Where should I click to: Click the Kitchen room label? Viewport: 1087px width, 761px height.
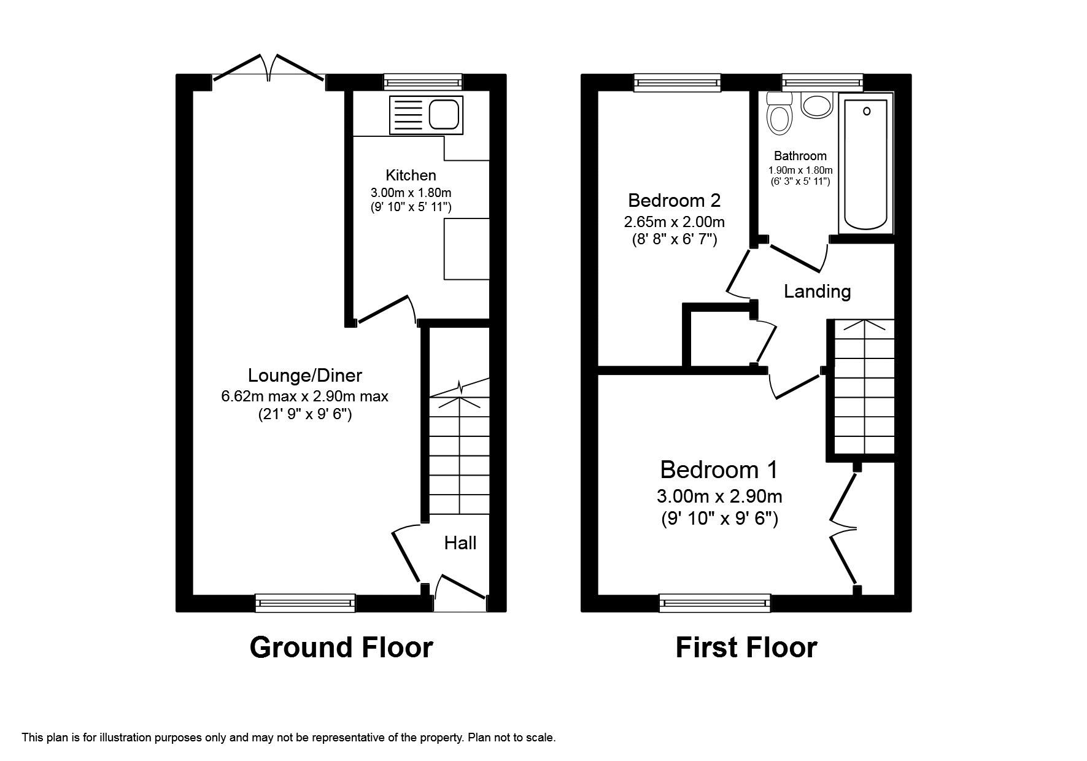[411, 175]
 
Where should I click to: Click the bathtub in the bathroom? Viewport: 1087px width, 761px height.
[866, 164]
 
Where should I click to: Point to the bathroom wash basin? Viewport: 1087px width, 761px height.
[816, 106]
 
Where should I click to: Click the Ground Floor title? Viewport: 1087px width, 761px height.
[341, 647]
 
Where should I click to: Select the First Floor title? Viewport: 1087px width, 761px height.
[746, 647]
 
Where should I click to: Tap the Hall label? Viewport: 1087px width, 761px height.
[460, 543]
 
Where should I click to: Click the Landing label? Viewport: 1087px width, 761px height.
[817, 291]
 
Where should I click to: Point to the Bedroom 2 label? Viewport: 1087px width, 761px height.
[674, 200]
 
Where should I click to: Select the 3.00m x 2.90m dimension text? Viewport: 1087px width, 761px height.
[719, 496]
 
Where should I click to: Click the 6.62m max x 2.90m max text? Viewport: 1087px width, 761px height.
[304, 396]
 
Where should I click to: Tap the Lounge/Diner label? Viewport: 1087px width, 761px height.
[304, 375]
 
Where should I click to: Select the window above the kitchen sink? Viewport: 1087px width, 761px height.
[422, 82]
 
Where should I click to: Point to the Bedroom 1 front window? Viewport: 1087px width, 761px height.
[714, 603]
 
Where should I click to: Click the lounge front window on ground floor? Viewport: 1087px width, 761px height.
[305, 603]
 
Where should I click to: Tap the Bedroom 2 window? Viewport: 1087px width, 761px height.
[676, 82]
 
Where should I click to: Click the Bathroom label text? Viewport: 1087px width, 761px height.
[800, 156]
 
